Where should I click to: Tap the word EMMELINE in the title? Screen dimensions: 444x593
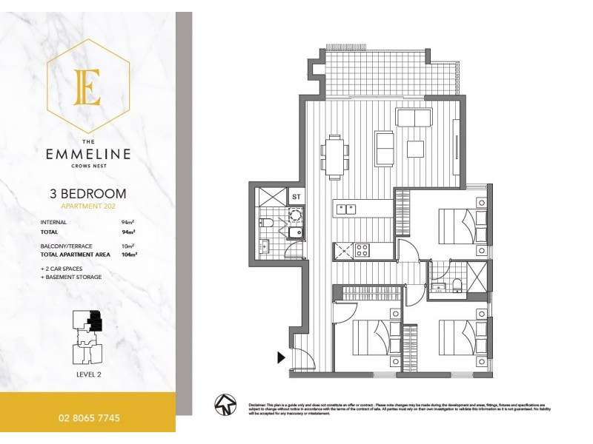[87, 155]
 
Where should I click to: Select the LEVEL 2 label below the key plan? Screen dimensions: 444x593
[87, 375]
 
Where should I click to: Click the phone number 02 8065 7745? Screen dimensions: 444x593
[87, 417]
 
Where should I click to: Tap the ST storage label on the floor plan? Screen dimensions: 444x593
[296, 197]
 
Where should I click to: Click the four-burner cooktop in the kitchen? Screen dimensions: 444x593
[363, 250]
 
